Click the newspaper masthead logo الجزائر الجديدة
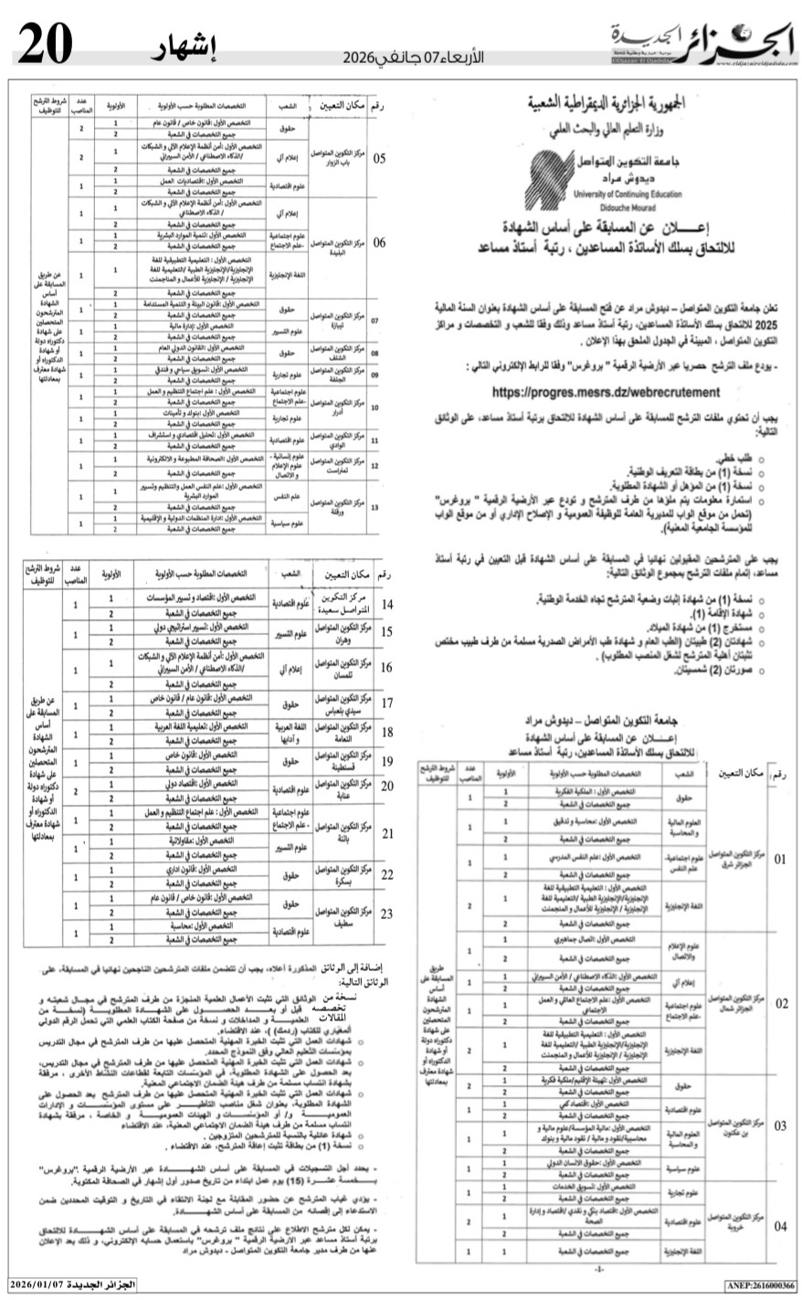[701, 42]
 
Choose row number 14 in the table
[387, 605]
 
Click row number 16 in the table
[387, 667]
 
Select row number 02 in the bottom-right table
[780, 1003]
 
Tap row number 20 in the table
[387, 786]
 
